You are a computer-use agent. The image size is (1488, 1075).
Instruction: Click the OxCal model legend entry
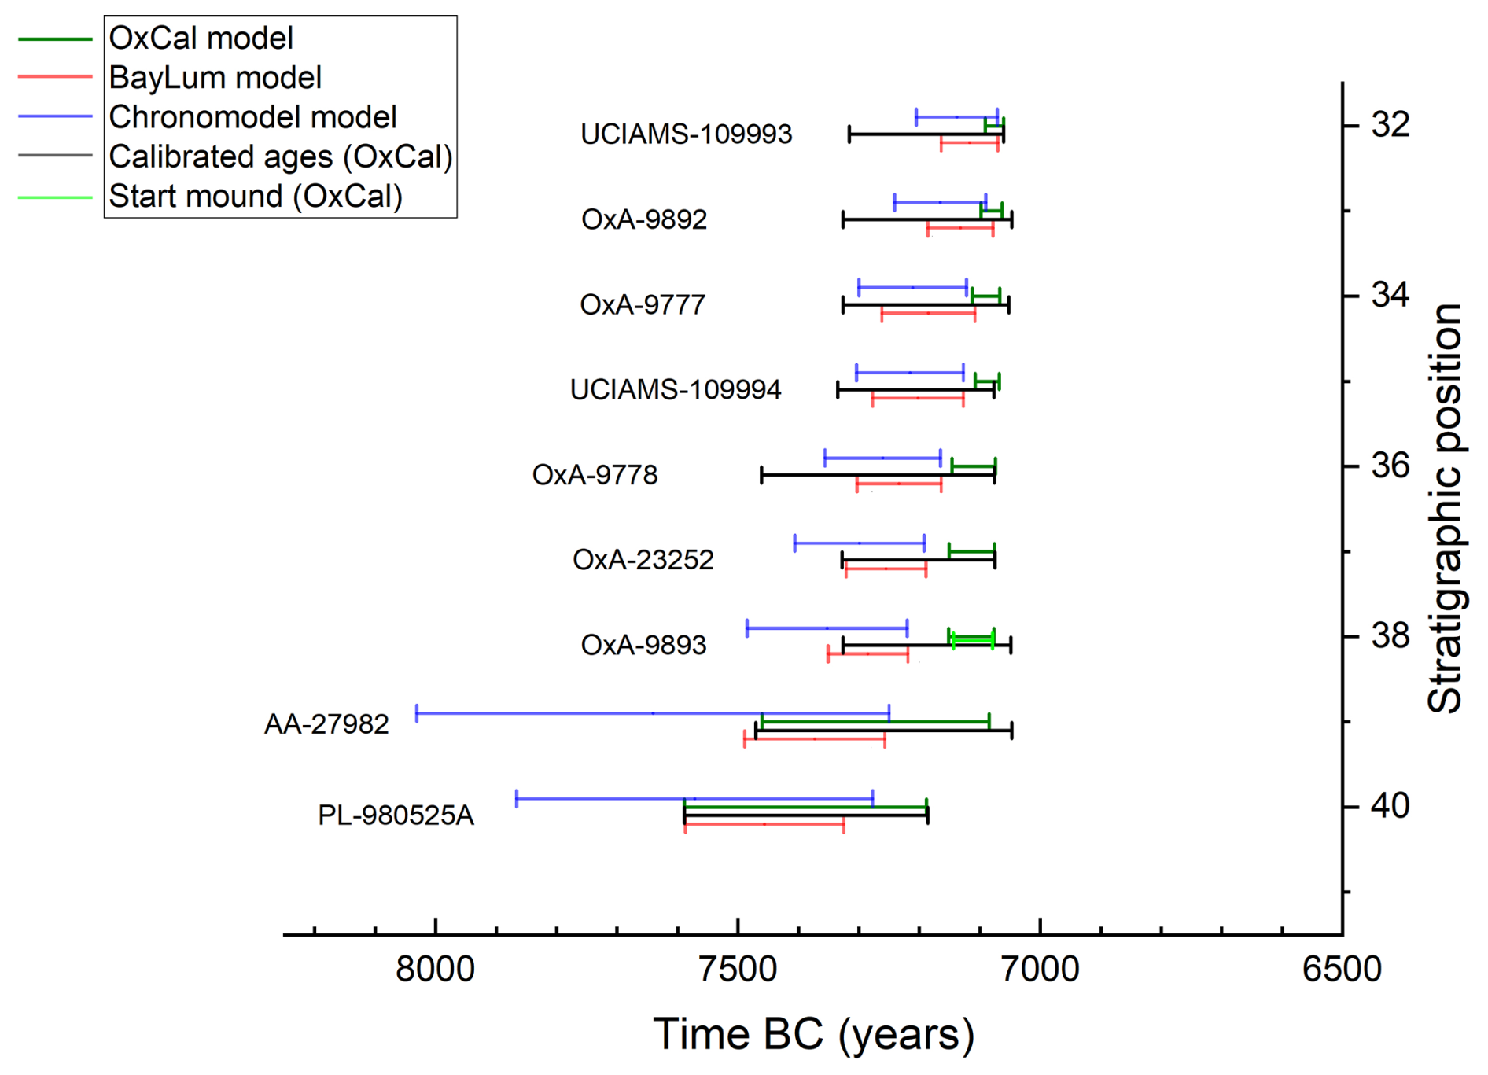point(201,38)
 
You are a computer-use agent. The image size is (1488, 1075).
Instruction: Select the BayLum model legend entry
point(215,77)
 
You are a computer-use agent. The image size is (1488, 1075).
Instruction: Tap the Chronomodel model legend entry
point(252,117)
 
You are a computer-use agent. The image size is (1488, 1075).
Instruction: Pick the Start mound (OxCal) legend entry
point(255,196)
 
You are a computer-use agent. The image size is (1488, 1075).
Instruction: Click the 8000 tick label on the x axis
point(435,969)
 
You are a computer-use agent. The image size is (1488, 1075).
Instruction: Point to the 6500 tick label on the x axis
point(1342,969)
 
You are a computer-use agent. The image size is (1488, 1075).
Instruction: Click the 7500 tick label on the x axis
point(738,969)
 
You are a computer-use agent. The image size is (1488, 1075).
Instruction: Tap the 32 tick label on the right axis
point(1390,125)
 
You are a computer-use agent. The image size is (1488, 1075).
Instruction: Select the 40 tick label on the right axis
point(1390,806)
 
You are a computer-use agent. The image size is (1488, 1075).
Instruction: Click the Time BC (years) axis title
point(813,1034)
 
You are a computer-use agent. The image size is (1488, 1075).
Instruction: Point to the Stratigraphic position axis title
point(1446,508)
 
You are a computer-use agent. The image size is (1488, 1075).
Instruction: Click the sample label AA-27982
point(326,723)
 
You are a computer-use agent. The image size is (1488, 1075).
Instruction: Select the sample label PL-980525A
point(396,815)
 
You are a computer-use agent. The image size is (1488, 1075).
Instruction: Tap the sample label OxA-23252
point(643,560)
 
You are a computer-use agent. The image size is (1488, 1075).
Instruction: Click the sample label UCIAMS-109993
point(686,134)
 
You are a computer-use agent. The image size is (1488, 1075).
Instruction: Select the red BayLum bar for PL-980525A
point(764,824)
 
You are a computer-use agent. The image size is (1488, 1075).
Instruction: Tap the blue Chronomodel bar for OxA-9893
point(827,628)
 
